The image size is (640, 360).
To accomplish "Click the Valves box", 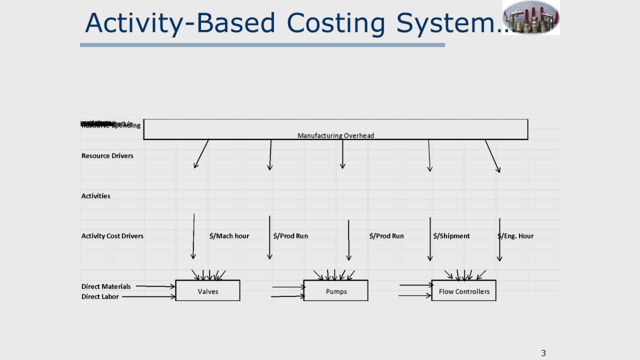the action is click(x=207, y=290).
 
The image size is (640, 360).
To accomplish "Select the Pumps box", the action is click(x=335, y=290).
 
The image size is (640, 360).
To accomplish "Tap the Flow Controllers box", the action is click(x=463, y=290).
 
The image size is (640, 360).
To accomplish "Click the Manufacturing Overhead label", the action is click(x=335, y=135).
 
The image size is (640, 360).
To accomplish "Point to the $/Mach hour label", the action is click(x=229, y=236).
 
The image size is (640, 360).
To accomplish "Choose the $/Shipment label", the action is click(x=451, y=236).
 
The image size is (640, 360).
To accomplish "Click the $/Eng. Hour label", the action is click(x=516, y=236).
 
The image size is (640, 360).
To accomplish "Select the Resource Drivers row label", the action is click(x=107, y=156).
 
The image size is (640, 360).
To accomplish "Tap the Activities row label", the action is click(x=96, y=196).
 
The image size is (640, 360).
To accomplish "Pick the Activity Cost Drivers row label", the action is click(x=112, y=236).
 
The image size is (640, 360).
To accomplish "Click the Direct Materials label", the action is click(x=106, y=286).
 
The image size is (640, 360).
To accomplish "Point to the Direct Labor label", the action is click(x=100, y=297).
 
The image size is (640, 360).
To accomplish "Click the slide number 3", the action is click(x=543, y=353).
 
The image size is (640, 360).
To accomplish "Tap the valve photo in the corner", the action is click(x=531, y=17).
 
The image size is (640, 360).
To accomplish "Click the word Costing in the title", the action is click(x=336, y=23).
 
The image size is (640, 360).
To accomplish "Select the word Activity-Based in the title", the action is click(x=180, y=23).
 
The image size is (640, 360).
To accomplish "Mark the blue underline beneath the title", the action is click(x=262, y=45).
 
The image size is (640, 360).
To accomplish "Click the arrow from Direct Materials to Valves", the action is click(x=155, y=286).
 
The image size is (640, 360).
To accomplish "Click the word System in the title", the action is click(x=450, y=23).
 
